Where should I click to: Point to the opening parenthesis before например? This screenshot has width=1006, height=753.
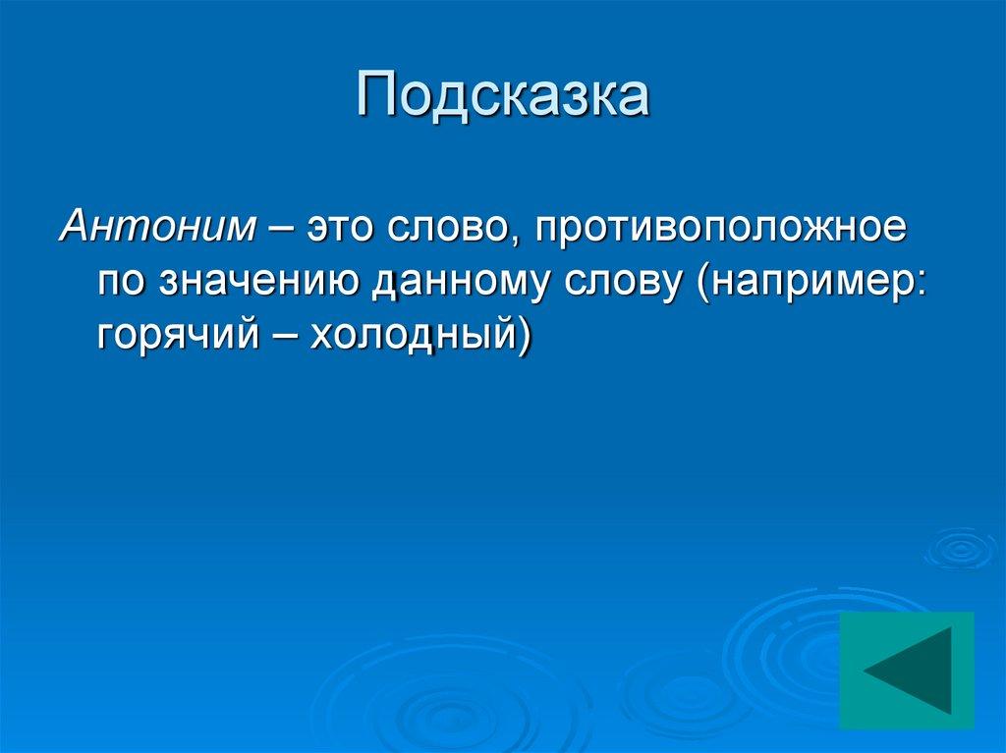703,283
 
